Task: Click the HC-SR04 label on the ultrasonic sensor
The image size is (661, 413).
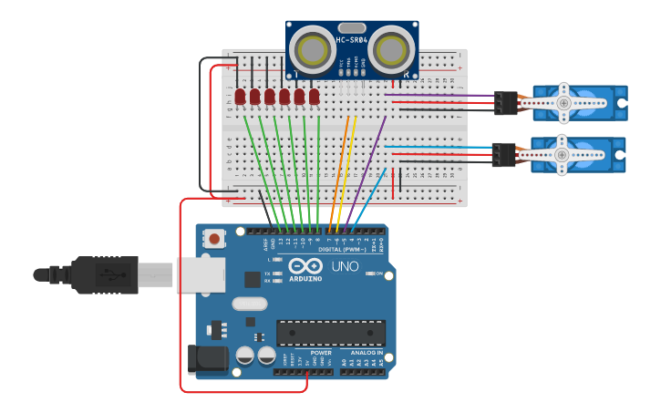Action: [x=352, y=39]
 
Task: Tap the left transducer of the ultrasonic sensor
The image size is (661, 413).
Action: [x=314, y=46]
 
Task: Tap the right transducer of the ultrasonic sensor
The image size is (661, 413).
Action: [x=391, y=46]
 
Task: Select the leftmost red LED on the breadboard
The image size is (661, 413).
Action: [x=240, y=96]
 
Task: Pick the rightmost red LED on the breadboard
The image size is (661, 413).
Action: [x=315, y=96]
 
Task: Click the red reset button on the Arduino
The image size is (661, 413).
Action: [x=214, y=239]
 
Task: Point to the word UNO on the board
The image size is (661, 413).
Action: [x=346, y=267]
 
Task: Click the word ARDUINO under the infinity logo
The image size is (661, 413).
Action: [x=305, y=278]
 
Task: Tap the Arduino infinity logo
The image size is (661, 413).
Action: [x=305, y=265]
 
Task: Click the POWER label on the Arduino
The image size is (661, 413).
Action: [x=321, y=353]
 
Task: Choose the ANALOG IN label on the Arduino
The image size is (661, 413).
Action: [x=367, y=353]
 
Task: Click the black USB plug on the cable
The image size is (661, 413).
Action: [x=104, y=274]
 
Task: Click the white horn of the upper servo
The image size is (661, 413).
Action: [x=563, y=103]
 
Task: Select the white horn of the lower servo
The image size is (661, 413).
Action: [x=562, y=155]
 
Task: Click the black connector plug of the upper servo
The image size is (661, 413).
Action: [x=505, y=103]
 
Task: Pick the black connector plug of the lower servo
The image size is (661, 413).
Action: [x=503, y=155]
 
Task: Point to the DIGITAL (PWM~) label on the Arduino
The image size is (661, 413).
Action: [x=342, y=249]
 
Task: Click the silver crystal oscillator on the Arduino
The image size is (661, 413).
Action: [x=250, y=304]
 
